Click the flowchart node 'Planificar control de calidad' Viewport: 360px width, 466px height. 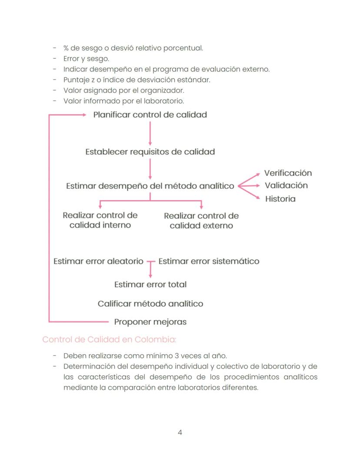point(150,115)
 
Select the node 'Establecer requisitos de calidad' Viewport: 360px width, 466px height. point(150,152)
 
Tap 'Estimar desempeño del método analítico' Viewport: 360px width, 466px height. point(150,186)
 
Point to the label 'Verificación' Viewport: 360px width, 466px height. point(288,173)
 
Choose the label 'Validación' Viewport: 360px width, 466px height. point(286,185)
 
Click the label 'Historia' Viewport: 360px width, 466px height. point(280,199)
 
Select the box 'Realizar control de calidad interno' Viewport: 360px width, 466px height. point(100,220)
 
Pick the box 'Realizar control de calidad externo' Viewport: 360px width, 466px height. point(201,221)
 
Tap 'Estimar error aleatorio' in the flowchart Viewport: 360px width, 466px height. point(98,261)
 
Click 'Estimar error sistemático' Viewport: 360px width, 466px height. point(209,261)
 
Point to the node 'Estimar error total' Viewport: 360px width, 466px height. point(150,285)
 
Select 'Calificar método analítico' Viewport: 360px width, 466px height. point(150,304)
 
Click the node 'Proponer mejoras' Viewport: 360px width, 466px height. point(150,322)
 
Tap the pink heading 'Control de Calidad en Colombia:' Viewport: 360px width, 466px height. point(109,339)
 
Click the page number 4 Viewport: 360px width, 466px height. point(180,432)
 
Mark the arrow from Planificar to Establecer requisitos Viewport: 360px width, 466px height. point(150,133)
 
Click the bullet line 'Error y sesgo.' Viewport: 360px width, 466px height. point(86,59)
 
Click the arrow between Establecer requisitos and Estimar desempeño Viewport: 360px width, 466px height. point(150,169)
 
